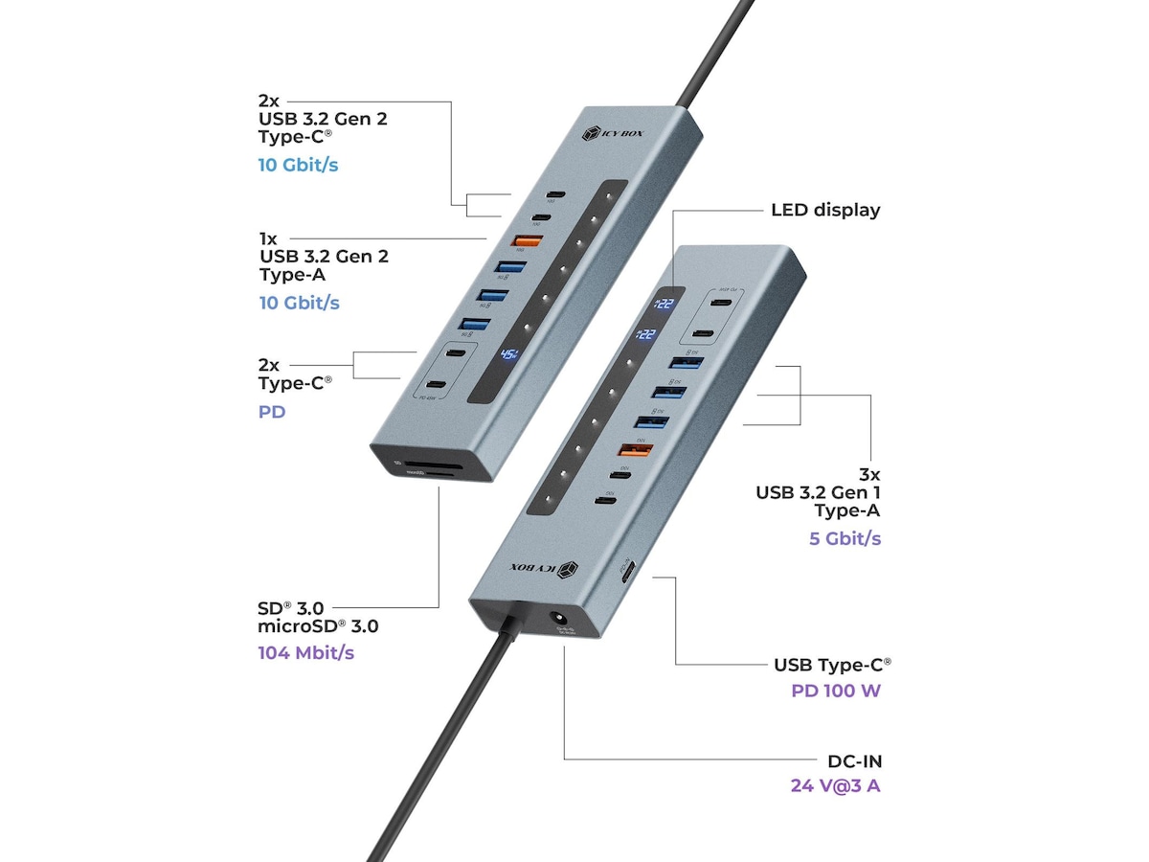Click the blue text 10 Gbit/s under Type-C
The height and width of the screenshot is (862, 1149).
point(298,165)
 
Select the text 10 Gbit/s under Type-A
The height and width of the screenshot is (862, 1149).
point(299,303)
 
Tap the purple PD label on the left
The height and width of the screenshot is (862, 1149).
point(272,412)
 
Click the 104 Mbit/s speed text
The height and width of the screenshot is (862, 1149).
point(304,653)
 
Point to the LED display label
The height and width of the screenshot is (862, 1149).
point(825,210)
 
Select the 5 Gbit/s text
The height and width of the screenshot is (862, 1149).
point(845,538)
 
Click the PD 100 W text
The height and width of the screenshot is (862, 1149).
point(836,690)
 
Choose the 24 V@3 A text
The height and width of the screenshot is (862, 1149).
point(836,786)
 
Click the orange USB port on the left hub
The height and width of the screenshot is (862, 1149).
point(510,243)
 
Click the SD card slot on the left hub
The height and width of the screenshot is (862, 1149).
point(418,469)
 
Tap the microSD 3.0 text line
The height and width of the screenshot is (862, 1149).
point(318,627)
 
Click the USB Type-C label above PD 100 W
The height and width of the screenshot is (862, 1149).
point(832,665)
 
